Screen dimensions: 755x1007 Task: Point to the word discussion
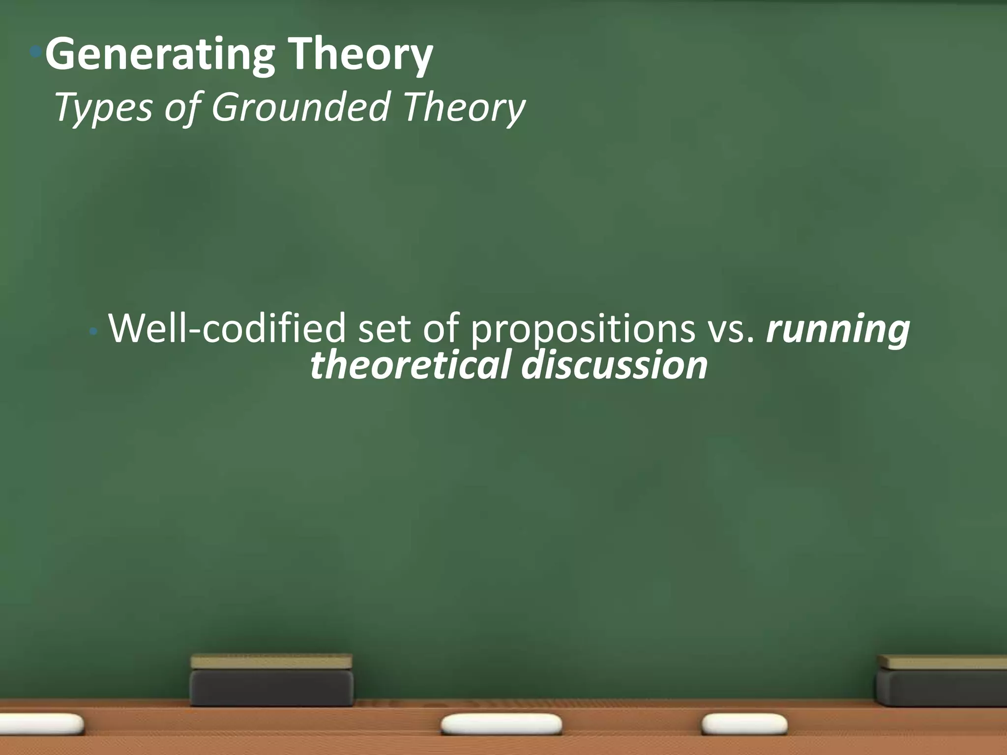point(614,366)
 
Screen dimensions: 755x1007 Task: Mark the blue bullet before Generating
point(35,51)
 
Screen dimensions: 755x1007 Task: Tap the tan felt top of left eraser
point(271,661)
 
